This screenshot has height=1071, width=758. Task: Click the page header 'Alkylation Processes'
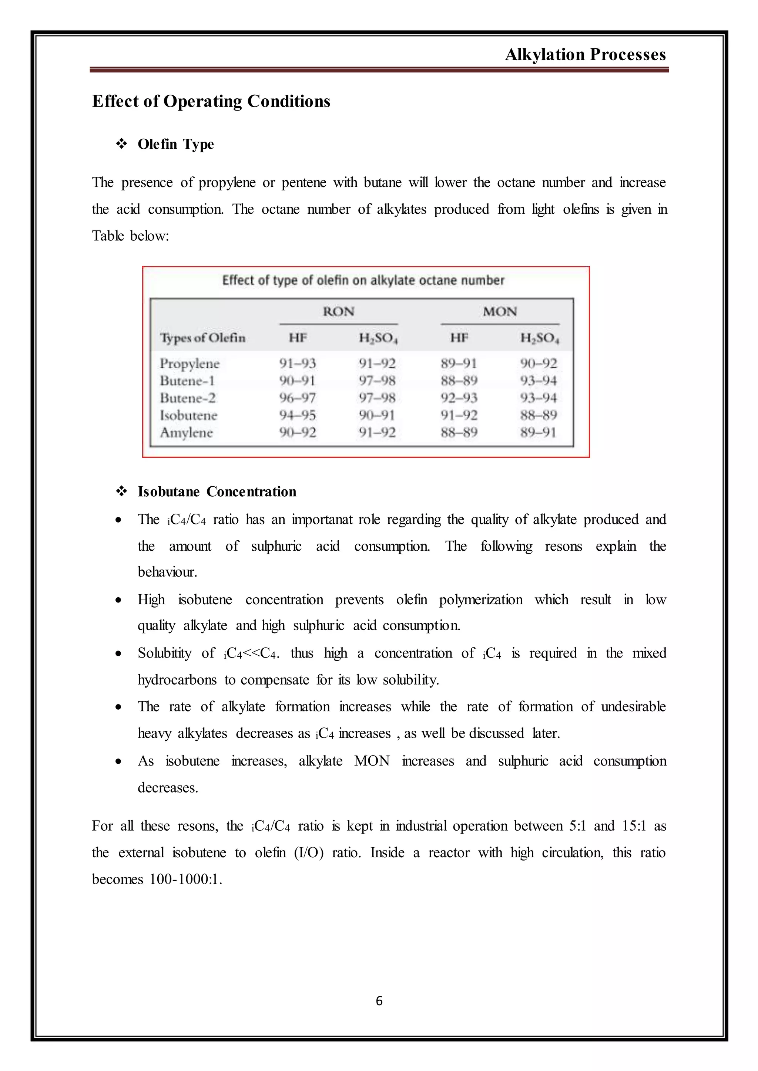click(585, 55)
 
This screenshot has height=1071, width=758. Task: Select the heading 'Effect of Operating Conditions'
click(211, 101)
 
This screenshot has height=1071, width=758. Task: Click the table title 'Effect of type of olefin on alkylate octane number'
click(363, 280)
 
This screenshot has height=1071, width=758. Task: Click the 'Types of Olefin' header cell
click(202, 338)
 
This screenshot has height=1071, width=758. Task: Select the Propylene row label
click(189, 364)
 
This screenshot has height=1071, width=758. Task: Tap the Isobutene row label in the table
click(188, 415)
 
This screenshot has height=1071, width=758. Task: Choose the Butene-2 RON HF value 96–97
click(297, 398)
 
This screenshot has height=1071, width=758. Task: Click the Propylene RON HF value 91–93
click(297, 364)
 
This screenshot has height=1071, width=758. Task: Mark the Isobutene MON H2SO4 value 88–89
click(539, 415)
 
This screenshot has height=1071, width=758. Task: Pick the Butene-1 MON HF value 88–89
click(459, 381)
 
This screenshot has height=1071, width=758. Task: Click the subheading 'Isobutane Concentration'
click(217, 491)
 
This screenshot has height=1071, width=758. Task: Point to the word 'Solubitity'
click(164, 653)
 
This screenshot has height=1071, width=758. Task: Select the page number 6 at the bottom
click(379, 1001)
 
